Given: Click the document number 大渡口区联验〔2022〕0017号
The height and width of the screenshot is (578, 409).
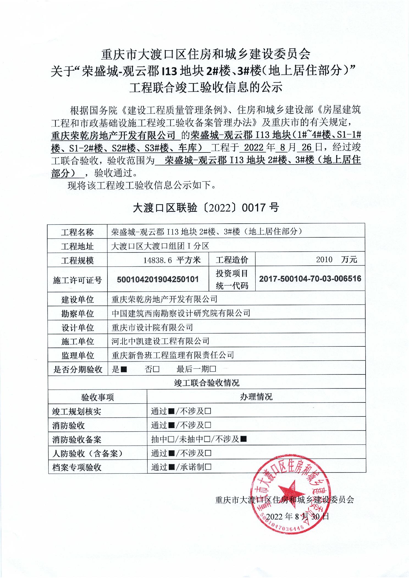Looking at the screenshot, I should click(206, 208).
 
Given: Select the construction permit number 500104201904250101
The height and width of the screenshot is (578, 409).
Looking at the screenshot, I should click(158, 280).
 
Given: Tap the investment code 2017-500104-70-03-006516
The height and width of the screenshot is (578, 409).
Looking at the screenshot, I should click(310, 279).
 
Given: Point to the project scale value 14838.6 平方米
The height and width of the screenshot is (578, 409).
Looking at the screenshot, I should click(172, 260).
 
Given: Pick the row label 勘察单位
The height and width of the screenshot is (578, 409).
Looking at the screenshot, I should click(78, 314).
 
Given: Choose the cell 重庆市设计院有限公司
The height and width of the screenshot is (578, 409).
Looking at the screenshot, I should click(152, 327).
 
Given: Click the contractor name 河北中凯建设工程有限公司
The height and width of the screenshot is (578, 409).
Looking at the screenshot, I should click(161, 341).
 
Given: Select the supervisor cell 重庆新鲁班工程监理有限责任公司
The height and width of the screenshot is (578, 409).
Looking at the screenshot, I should click(173, 355).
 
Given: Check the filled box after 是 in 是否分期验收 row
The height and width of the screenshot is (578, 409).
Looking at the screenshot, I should click(124, 369).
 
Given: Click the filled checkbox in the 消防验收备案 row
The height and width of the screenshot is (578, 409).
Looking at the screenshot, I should click(243, 439).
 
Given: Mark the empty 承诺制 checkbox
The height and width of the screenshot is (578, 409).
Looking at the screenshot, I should click(208, 467).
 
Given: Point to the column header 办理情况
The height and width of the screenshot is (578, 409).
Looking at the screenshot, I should click(256, 397).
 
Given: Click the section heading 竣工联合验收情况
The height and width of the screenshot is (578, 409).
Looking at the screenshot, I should click(207, 383).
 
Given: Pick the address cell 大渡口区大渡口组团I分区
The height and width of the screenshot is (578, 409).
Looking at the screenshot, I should click(160, 246).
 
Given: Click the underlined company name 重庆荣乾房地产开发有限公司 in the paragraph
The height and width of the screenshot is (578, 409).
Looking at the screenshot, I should click(113, 135).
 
